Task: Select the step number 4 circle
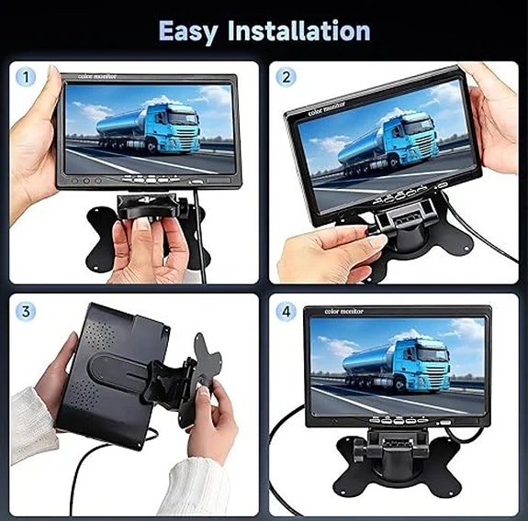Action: pyautogui.click(x=286, y=311)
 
